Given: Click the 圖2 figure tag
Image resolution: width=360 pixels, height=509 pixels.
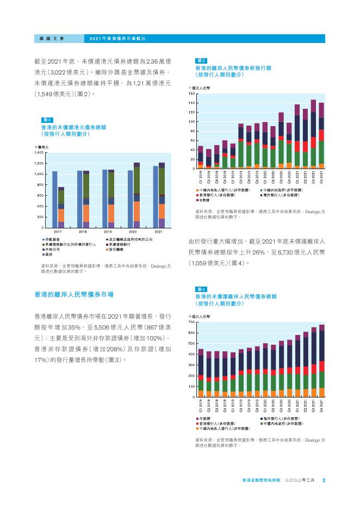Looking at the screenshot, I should [47, 120].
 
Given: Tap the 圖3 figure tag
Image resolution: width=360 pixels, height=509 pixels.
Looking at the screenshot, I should [200, 61].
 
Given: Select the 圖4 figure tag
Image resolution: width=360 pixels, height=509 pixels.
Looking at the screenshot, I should [200, 289].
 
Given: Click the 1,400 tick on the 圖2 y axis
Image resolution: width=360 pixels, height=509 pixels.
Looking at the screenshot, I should [39, 153].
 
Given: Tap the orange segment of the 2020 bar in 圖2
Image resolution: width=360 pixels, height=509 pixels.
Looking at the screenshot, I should [136, 211].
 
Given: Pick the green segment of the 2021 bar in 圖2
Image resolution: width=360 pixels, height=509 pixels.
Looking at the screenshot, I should [162, 181].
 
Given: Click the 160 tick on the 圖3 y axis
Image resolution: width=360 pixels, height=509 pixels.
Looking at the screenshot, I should [191, 94].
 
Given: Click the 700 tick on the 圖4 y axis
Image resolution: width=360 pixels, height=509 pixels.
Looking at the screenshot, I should [191, 322].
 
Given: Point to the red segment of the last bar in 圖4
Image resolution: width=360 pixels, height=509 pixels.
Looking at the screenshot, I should [321, 366].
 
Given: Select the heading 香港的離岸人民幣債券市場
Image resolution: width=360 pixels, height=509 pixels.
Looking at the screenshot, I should [73, 294].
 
